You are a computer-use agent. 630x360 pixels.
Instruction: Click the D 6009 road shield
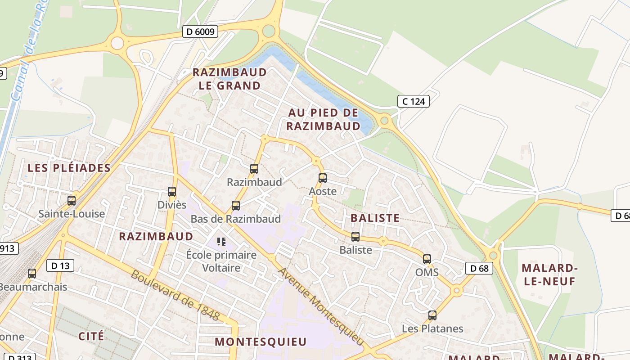[x=201, y=31]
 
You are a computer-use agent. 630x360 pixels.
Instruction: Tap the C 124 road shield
[x=413, y=101]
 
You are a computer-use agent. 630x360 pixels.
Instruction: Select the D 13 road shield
[x=60, y=265]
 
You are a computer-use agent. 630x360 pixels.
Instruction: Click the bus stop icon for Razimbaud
[x=254, y=169]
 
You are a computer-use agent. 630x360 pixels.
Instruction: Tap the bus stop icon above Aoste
[x=322, y=178]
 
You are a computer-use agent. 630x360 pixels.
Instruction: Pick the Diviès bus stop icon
[x=172, y=191]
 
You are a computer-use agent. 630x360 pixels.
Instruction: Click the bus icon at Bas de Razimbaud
[x=235, y=206]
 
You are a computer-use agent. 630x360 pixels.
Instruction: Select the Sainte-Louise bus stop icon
[x=72, y=200]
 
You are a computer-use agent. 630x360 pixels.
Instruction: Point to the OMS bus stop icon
[x=427, y=259]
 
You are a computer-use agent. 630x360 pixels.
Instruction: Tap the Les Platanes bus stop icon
[x=432, y=315]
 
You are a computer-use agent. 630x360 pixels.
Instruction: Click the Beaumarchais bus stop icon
[x=32, y=273]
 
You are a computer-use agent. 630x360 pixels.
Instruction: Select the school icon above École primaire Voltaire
[x=221, y=242]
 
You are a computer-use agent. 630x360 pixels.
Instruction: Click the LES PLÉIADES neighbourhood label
[x=69, y=168]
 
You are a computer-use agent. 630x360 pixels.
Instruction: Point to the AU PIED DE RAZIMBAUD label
[x=324, y=119]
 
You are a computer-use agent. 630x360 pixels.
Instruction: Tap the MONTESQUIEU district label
[x=261, y=342]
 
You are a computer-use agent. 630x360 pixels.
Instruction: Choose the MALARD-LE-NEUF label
[x=549, y=274]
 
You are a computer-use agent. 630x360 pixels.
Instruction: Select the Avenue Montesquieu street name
[x=320, y=304]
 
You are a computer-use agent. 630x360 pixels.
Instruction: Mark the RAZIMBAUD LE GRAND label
[x=229, y=79]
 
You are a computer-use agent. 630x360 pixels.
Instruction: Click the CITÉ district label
[x=91, y=336]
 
